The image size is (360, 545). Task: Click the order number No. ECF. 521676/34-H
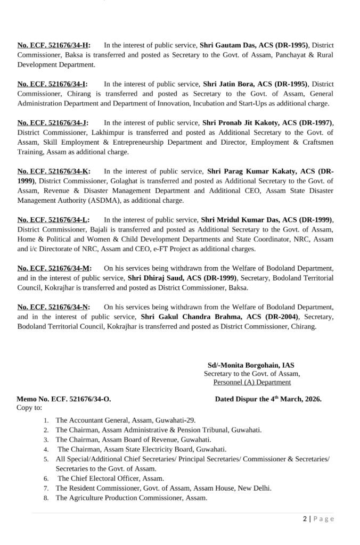[53, 45]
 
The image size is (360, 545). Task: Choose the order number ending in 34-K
[53, 171]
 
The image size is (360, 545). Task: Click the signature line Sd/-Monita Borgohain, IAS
[251, 366]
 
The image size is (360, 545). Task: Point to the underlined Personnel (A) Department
[252, 382]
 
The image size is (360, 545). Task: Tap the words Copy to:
[29, 407]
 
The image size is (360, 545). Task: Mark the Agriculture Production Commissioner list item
[130, 498]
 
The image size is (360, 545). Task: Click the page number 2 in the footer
[305, 519]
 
